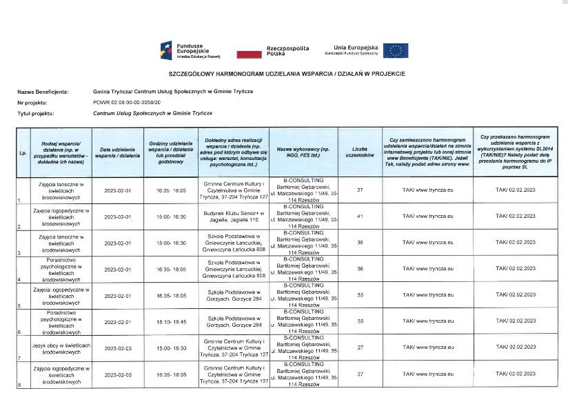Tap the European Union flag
coord(396,50)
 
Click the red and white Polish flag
coord(248,52)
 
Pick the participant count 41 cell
coord(360,216)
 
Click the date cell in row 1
coord(117,190)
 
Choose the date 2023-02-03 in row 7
coord(117,348)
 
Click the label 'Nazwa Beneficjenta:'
coord(43,91)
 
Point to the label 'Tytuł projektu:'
coord(37,112)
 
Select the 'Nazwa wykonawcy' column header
coord(304,149)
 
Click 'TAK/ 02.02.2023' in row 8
coord(516,374)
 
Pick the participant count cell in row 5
coord(360,295)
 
